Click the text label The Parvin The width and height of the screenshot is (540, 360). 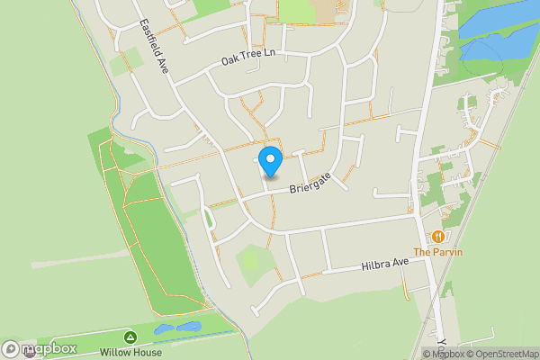pyautogui.click(x=438, y=252)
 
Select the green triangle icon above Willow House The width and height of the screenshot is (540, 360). pyautogui.click(x=130, y=337)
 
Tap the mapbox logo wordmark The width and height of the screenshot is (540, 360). pyautogui.click(x=49, y=348)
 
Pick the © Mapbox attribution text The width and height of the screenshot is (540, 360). pyautogui.click(x=443, y=354)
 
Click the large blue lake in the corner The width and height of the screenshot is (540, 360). pyautogui.click(x=500, y=31)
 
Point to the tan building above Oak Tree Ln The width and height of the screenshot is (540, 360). pyautogui.click(x=297, y=11)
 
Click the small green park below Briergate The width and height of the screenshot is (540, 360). pyautogui.click(x=255, y=262)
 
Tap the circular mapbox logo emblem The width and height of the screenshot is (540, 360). pyautogui.click(x=11, y=348)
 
